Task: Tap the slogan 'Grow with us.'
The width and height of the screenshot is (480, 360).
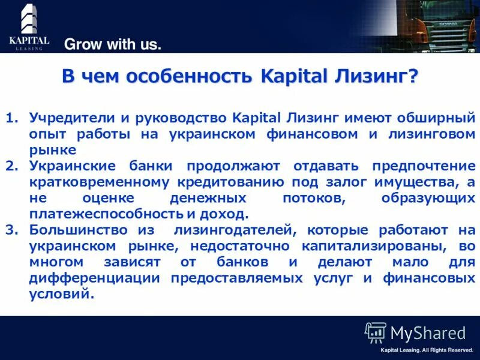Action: tap(113, 44)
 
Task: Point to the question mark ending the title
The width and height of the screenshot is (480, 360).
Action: tap(412, 77)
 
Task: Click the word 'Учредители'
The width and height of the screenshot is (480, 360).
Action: tap(67, 117)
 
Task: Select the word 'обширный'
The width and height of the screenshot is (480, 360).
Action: tap(439, 117)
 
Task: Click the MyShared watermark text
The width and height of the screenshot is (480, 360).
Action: tap(427, 333)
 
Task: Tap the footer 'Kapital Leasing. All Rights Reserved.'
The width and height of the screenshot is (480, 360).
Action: tap(427, 350)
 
